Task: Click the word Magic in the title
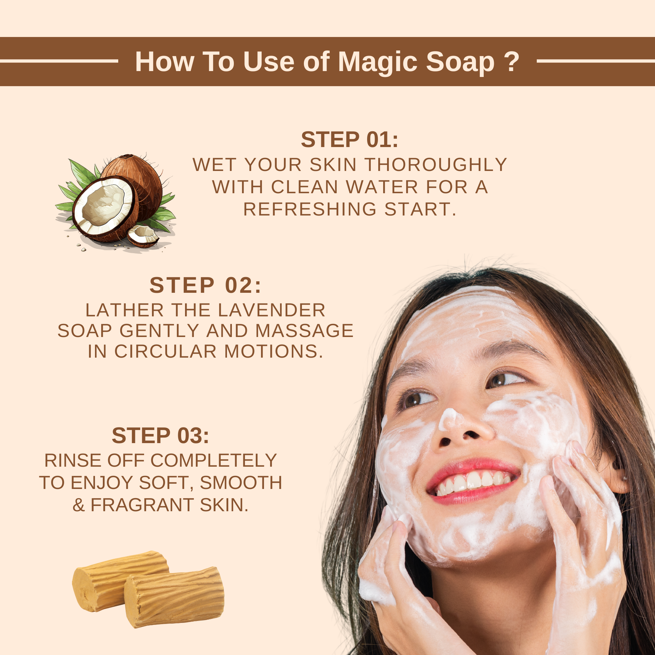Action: click(377, 62)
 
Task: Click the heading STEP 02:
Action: click(205, 285)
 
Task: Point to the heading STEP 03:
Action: click(160, 435)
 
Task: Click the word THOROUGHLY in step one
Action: click(436, 165)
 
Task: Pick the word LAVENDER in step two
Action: click(271, 310)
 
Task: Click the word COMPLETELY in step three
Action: click(214, 460)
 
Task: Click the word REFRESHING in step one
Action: click(310, 209)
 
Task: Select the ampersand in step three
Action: click(78, 505)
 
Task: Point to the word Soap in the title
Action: click(460, 62)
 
